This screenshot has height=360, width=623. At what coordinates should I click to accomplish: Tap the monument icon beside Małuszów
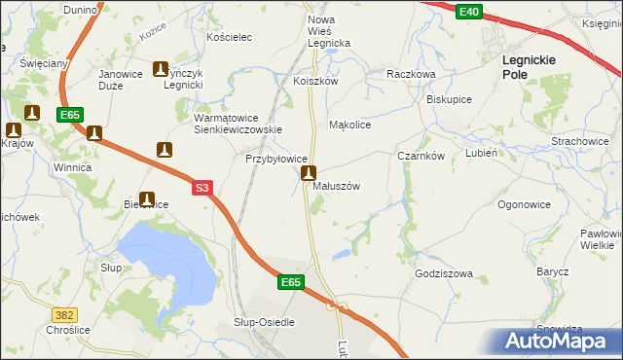pos(309,174)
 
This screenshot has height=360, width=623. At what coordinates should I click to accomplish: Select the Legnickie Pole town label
pos(529,66)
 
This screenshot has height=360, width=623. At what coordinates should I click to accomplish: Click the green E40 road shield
pos(468,11)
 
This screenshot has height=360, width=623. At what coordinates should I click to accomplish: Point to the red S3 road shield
pos(202,189)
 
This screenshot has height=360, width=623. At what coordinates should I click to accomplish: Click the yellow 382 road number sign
pos(64,315)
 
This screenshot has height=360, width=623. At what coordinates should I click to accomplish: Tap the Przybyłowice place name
pos(276,159)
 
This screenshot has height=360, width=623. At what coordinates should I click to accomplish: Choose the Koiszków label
pos(314,82)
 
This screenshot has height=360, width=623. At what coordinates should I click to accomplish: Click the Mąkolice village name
pos(350,125)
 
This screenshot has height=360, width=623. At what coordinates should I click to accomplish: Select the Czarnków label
pos(421,156)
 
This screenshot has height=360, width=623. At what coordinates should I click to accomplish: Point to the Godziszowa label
pos(443,274)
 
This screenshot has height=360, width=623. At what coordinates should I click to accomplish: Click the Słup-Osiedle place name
pos(264,322)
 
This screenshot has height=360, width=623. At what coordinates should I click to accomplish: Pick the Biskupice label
pos(449,99)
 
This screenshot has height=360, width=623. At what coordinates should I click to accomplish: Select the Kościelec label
pos(230,37)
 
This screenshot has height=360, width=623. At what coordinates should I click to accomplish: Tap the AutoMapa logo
pos(555,341)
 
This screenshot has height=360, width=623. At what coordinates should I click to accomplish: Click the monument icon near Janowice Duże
pos(161,69)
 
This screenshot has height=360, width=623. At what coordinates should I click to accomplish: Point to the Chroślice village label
pos(35,330)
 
